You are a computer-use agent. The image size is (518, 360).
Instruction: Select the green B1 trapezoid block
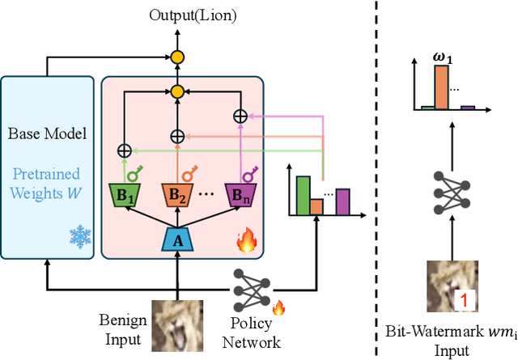point(124,196)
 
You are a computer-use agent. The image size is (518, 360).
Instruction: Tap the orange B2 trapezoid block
point(178,196)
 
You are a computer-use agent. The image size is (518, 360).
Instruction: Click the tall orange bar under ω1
point(441,87)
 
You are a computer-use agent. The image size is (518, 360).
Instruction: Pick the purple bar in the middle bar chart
point(342,201)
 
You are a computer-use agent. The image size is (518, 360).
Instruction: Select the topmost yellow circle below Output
point(176,57)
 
